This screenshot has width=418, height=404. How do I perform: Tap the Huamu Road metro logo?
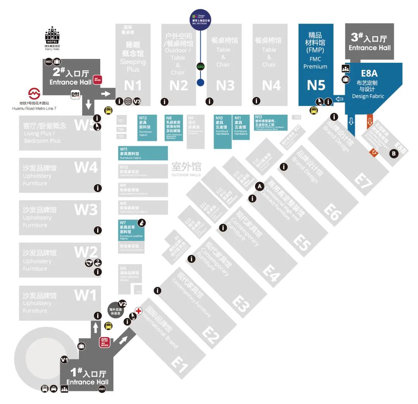click(34, 93)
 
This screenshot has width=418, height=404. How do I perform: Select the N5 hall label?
click(316, 85)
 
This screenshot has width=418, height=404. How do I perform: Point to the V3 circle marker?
click(137, 101)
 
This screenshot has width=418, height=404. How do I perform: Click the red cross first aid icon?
click(138, 311)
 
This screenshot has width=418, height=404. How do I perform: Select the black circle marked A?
click(260, 186)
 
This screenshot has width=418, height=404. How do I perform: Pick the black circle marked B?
click(394, 153)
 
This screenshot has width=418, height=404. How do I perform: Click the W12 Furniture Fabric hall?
click(147, 127)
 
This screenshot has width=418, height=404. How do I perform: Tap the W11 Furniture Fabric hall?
click(143, 153)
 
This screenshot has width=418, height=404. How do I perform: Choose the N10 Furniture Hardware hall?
click(223, 131)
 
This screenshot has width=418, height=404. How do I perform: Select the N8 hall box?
click(174, 127)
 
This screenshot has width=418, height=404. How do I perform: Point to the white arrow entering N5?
click(339, 99)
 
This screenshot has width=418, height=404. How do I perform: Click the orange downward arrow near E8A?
click(370, 122)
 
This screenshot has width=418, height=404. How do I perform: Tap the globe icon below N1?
click(128, 101)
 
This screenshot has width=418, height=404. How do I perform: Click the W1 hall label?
click(85, 296)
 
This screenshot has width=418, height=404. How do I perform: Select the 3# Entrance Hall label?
click(369, 42)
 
